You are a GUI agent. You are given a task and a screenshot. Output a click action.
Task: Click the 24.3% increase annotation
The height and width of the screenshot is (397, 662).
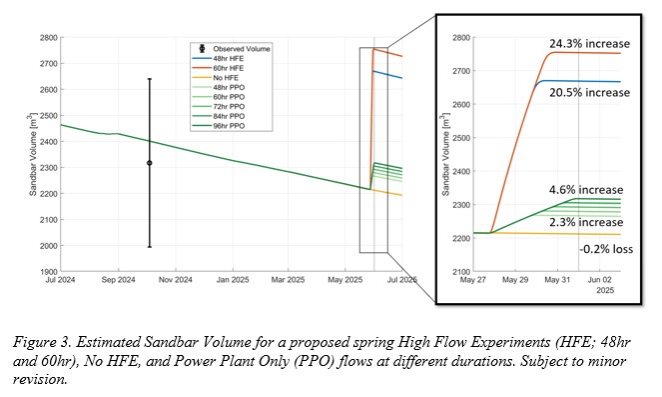coord(589,44)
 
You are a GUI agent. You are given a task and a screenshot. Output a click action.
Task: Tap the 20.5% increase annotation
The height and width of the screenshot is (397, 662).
coord(589,93)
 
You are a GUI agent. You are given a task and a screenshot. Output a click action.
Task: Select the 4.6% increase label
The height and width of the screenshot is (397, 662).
coord(586,190)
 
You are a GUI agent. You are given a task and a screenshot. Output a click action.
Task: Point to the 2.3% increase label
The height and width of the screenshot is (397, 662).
coord(586,222)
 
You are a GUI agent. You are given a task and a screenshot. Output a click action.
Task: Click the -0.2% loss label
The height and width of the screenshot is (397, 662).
coord(606,249)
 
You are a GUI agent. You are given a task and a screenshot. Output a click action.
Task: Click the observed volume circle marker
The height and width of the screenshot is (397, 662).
coord(150,163)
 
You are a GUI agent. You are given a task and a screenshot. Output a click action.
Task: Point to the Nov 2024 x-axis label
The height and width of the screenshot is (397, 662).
coord(175,280)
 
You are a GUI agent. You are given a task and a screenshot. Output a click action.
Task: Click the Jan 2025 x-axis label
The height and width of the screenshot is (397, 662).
coord(233,280)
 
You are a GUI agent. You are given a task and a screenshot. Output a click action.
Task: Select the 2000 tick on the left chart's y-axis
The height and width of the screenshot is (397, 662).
coord(49,246)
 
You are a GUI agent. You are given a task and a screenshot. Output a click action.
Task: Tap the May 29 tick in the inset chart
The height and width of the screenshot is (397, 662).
coord(514,280)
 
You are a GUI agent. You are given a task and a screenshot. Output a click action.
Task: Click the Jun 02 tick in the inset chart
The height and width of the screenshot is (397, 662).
coord(599,280)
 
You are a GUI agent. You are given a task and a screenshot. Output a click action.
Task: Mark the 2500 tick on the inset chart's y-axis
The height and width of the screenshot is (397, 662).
coord(461,138)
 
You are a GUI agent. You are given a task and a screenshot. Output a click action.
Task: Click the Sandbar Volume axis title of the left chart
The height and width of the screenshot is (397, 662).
coord(33,154)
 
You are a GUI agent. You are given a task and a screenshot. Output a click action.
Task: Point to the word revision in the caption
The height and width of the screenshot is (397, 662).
coord(40,379)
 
